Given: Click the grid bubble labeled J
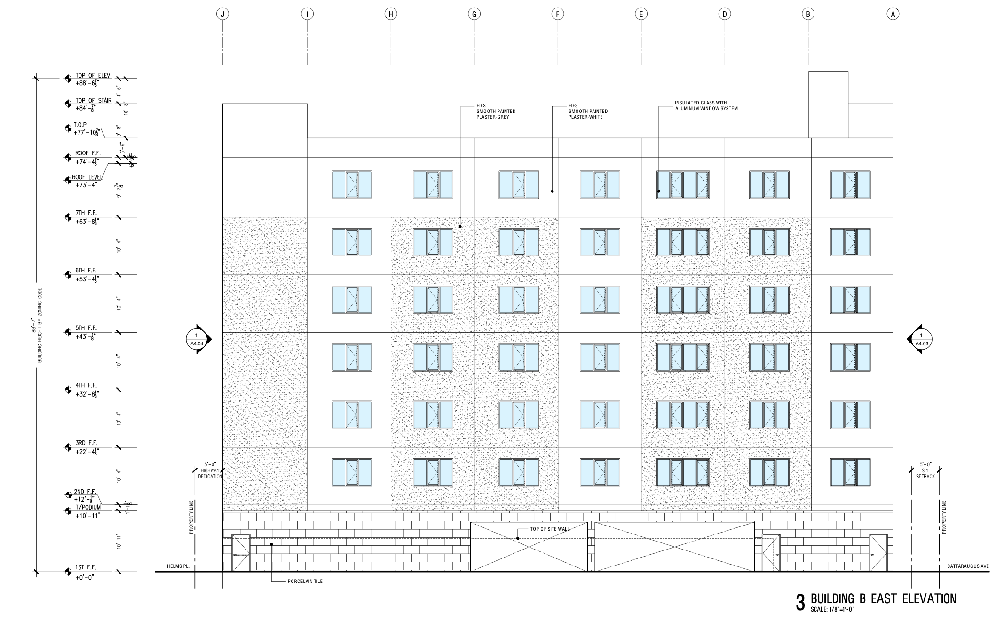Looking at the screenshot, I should click(222, 14).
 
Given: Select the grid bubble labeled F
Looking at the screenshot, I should click(557, 14).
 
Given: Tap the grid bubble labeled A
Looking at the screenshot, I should click(893, 14).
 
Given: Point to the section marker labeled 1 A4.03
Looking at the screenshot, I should click(921, 339).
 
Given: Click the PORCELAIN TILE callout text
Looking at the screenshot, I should click(305, 582).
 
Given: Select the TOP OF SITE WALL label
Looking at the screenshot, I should click(549, 529).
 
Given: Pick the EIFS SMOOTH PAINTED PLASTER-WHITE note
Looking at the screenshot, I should click(588, 112).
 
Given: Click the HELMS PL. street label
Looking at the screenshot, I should click(178, 566).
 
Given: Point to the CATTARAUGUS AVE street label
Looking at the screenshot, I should click(968, 566).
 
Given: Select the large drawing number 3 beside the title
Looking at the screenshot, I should click(800, 603).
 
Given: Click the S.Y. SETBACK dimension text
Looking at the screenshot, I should click(925, 473).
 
